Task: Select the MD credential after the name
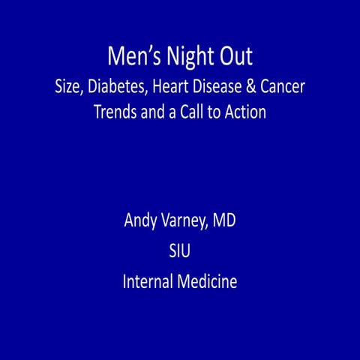(x=226, y=222)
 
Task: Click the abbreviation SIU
(x=180, y=252)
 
